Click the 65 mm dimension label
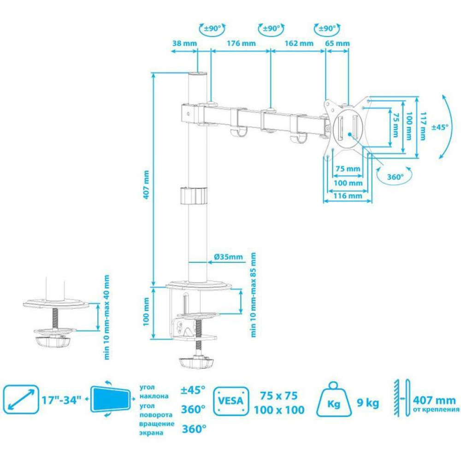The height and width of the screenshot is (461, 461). (x=337, y=44)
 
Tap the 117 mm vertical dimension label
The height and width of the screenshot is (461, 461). (x=423, y=127)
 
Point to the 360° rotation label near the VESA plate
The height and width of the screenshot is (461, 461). (x=394, y=176)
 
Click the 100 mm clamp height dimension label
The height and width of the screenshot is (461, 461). (x=146, y=314)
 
